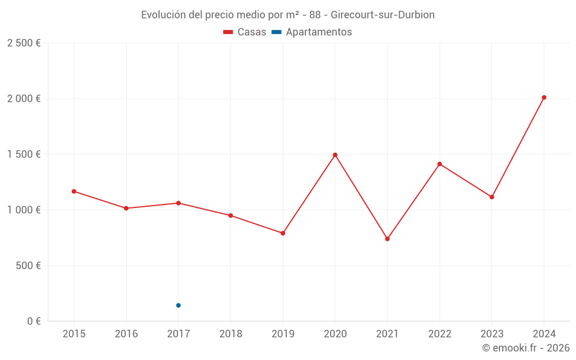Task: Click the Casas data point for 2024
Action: [544, 97]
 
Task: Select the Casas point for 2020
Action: [335, 155]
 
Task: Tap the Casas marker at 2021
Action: [387, 238]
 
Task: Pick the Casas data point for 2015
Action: [74, 191]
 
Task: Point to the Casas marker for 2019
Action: [283, 233]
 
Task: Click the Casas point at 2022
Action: [439, 164]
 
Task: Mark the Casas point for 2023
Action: [492, 197]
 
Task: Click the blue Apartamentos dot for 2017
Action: [179, 305]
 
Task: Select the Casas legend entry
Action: [245, 32]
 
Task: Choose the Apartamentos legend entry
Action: [312, 32]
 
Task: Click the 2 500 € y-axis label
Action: [24, 43]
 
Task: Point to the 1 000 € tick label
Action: [24, 210]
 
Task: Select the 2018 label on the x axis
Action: [230, 334]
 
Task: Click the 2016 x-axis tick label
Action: [126, 334]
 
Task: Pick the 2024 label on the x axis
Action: [544, 334]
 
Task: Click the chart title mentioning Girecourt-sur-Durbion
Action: [287, 14]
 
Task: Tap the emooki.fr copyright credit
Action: [525, 348]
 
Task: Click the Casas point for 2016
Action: [126, 208]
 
